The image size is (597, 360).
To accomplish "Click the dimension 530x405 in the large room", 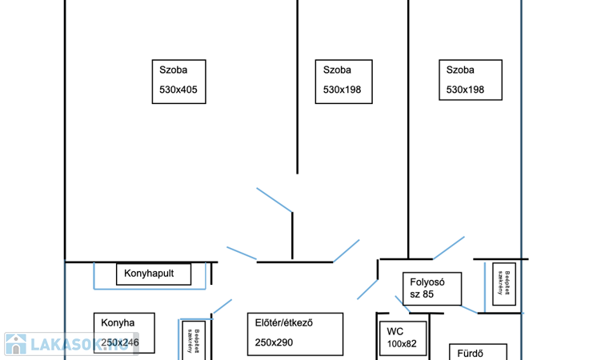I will pyautogui.click(x=178, y=90).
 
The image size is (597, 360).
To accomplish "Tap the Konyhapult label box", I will pyautogui.click(x=154, y=274).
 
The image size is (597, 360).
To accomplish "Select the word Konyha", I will pyautogui.click(x=118, y=323).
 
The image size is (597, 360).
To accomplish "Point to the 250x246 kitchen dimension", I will pyautogui.click(x=120, y=342).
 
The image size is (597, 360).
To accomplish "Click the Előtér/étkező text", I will pyautogui.click(x=283, y=323).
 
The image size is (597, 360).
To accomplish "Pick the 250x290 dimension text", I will pyautogui.click(x=275, y=342).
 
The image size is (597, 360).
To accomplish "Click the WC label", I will pyautogui.click(x=395, y=330).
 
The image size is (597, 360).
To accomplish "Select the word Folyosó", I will pyautogui.click(x=427, y=282).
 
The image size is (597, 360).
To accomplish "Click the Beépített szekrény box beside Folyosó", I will pyautogui.click(x=503, y=283).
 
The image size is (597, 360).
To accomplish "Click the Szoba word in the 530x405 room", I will pyautogui.click(x=173, y=70).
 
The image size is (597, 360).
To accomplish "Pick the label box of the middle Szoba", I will pyautogui.click(x=343, y=80).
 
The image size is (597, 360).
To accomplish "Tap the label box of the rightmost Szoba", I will pyautogui.click(x=471, y=80).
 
